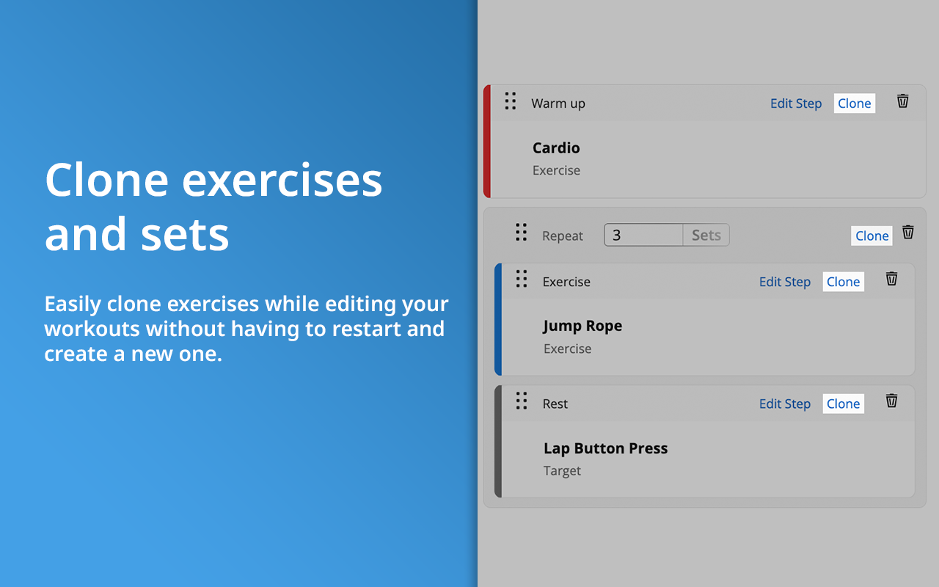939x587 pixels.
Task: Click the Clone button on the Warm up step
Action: click(x=855, y=103)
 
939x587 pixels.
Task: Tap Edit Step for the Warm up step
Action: click(x=796, y=103)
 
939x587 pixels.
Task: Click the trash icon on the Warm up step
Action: click(x=902, y=101)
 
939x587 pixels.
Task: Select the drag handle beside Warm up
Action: click(x=511, y=101)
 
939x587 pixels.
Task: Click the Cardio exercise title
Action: click(x=556, y=147)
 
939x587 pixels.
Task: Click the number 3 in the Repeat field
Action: click(x=616, y=235)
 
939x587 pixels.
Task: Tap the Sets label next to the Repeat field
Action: click(x=706, y=235)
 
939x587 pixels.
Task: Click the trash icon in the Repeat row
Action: click(x=908, y=232)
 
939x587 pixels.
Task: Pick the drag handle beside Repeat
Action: click(x=521, y=233)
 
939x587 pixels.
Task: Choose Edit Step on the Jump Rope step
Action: click(x=785, y=282)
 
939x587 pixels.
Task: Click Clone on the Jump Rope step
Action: click(x=843, y=282)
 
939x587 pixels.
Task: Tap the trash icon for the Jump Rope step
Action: click(x=891, y=279)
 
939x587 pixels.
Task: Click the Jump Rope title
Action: click(x=582, y=326)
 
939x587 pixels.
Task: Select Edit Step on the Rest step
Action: click(x=785, y=404)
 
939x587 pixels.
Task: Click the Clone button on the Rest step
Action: click(x=843, y=404)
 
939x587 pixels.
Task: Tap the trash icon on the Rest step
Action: click(x=891, y=401)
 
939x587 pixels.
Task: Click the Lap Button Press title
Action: click(x=606, y=448)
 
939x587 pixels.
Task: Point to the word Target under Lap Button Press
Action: click(x=562, y=471)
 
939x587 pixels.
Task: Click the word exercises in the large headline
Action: click(x=282, y=181)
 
